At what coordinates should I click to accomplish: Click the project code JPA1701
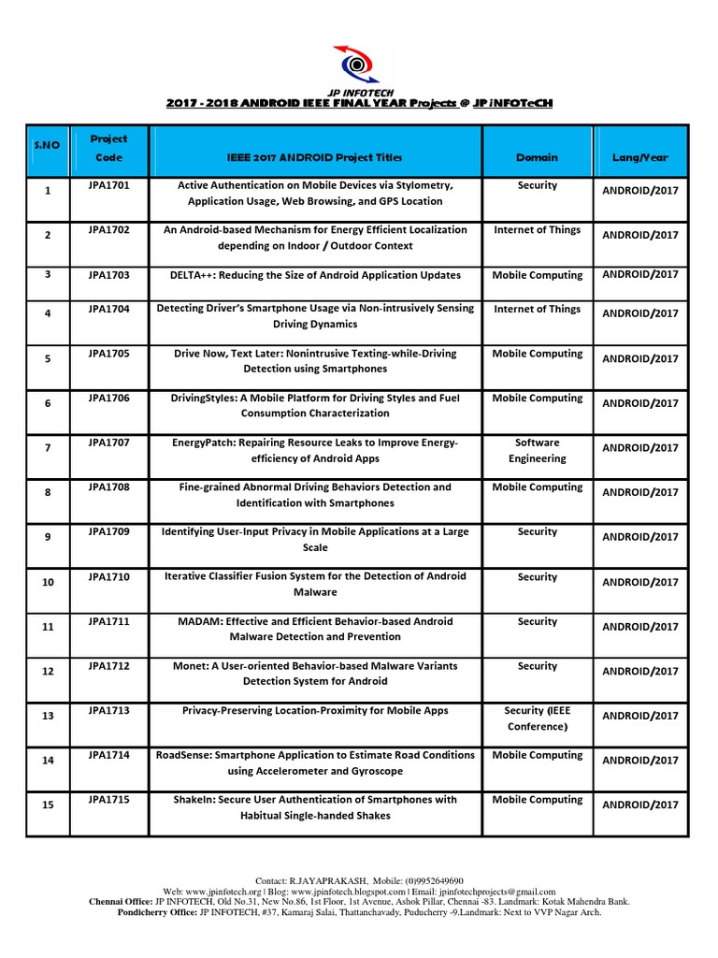coord(108,185)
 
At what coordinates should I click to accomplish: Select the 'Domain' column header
coord(537,158)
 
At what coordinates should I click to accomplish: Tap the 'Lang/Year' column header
coord(639,158)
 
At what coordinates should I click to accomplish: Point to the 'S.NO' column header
coord(47,147)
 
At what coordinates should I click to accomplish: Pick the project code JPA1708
coord(108,487)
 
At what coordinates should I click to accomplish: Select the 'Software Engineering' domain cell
coord(537,450)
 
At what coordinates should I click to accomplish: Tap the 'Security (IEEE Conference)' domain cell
coord(537,718)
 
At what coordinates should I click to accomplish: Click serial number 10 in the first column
coord(48,582)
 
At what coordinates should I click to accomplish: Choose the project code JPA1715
coord(108,800)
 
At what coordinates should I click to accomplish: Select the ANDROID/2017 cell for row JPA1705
coord(639,358)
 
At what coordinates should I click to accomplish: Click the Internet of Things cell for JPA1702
coord(537,230)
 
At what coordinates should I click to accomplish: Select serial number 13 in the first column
coord(48,716)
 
